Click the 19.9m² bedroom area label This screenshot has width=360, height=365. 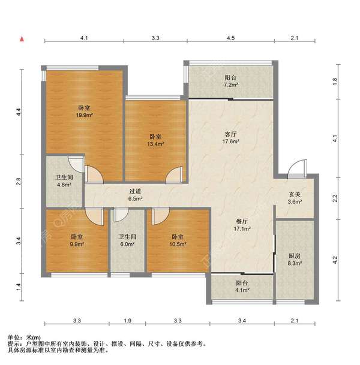(80, 116)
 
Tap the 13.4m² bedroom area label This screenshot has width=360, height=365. (155, 144)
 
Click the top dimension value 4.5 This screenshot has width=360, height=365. (230, 38)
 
